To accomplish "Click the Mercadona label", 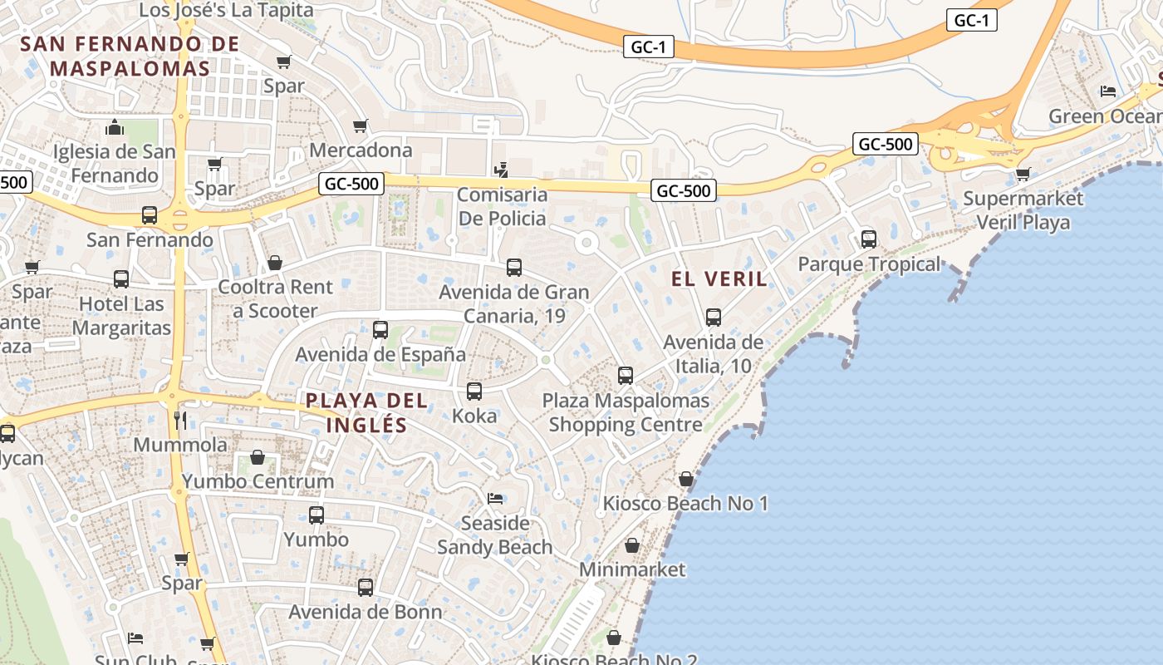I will tap(361, 150).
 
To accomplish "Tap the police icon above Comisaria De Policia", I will tap(501, 171).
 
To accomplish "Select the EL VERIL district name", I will tap(719, 279).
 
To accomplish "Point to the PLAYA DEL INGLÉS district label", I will tap(366, 413).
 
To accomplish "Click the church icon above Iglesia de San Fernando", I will tap(115, 127).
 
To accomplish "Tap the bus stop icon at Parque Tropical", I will tap(869, 239).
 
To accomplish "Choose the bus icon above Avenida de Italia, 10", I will tap(714, 318).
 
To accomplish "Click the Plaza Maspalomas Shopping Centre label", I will tap(626, 412).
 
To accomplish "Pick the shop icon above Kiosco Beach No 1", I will tap(686, 479).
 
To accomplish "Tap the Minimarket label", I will tap(632, 569).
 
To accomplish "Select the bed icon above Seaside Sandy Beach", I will tap(495, 499).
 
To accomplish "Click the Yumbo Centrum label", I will tap(258, 481).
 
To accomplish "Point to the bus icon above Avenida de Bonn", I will tap(366, 588).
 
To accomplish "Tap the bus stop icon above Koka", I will tap(474, 392).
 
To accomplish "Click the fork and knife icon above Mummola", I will tap(180, 421).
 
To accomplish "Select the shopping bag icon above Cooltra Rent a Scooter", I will tap(275, 263).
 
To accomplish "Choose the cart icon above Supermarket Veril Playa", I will tap(1023, 175).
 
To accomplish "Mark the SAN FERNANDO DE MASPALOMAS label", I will tap(130, 56).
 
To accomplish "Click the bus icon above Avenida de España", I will tap(380, 330).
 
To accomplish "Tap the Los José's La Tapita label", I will tap(226, 10).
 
